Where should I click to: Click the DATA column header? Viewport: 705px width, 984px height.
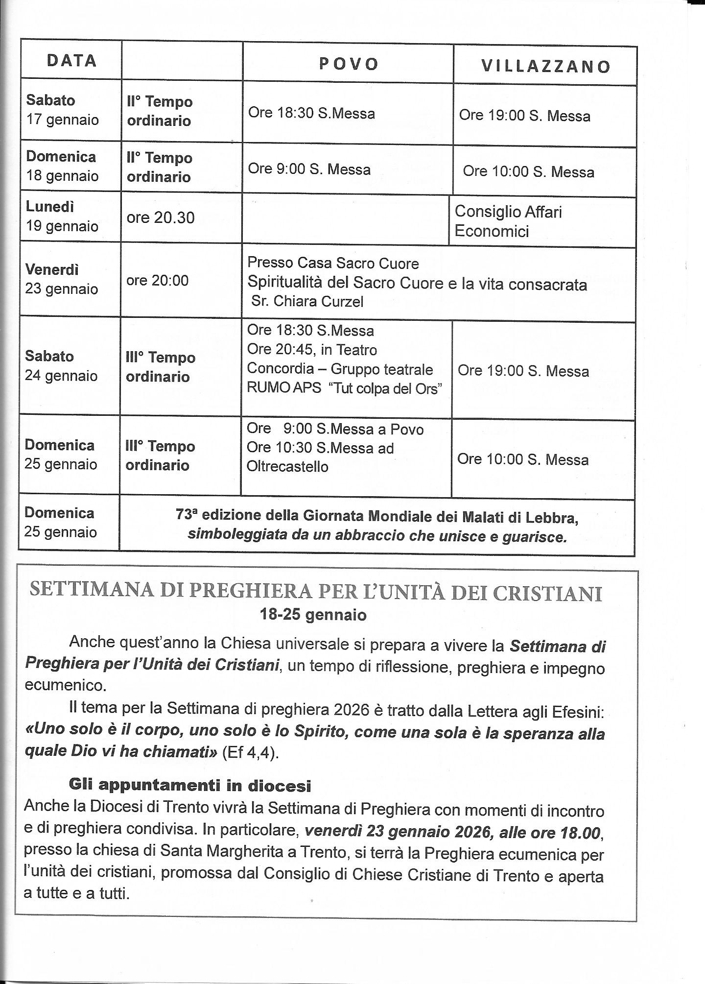(x=71, y=60)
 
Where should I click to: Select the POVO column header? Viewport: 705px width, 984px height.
(x=349, y=64)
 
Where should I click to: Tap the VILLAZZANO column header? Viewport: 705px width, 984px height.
(x=546, y=67)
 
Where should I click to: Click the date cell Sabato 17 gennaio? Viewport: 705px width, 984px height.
(x=62, y=110)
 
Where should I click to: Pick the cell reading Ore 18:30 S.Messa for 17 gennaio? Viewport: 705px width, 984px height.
(x=311, y=113)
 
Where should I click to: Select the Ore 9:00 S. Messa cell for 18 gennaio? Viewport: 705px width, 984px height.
(x=309, y=169)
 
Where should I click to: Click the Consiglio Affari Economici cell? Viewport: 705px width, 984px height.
(x=508, y=221)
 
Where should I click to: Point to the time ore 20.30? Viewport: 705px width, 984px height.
(x=161, y=217)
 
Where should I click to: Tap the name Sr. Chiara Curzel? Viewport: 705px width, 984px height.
(x=307, y=301)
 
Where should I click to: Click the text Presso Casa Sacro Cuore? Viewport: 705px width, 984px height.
(x=333, y=264)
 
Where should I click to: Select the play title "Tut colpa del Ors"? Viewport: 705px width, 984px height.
(x=386, y=388)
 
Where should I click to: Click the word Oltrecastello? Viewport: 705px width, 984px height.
(x=287, y=466)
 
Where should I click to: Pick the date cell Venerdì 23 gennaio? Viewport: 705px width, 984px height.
(x=62, y=279)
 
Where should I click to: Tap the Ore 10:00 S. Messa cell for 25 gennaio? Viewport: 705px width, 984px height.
(x=523, y=459)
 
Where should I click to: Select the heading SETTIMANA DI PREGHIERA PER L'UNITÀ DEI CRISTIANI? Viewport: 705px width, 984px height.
(x=316, y=592)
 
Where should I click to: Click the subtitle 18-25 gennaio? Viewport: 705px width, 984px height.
(x=313, y=615)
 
